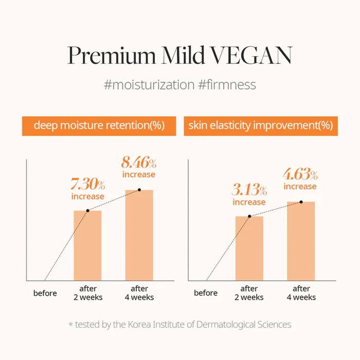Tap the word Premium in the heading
click(x=112, y=56)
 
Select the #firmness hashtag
click(x=227, y=85)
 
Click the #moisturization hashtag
click(x=149, y=85)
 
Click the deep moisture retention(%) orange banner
click(x=99, y=126)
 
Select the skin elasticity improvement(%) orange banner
click(x=261, y=126)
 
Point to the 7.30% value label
click(x=88, y=184)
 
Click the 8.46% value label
click(x=139, y=163)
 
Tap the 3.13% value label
click(x=249, y=190)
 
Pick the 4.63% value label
click(x=300, y=174)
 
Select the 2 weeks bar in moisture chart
click(x=87, y=245)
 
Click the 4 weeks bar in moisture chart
click(x=139, y=235)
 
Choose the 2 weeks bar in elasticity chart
click(x=249, y=248)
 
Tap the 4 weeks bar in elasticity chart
click(x=301, y=241)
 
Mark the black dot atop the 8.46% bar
click(x=139, y=190)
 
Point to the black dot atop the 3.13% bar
click(x=249, y=217)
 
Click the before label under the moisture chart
click(x=45, y=293)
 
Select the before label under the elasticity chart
click(x=206, y=293)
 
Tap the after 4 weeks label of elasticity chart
click(x=301, y=293)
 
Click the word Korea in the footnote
click(x=139, y=325)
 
